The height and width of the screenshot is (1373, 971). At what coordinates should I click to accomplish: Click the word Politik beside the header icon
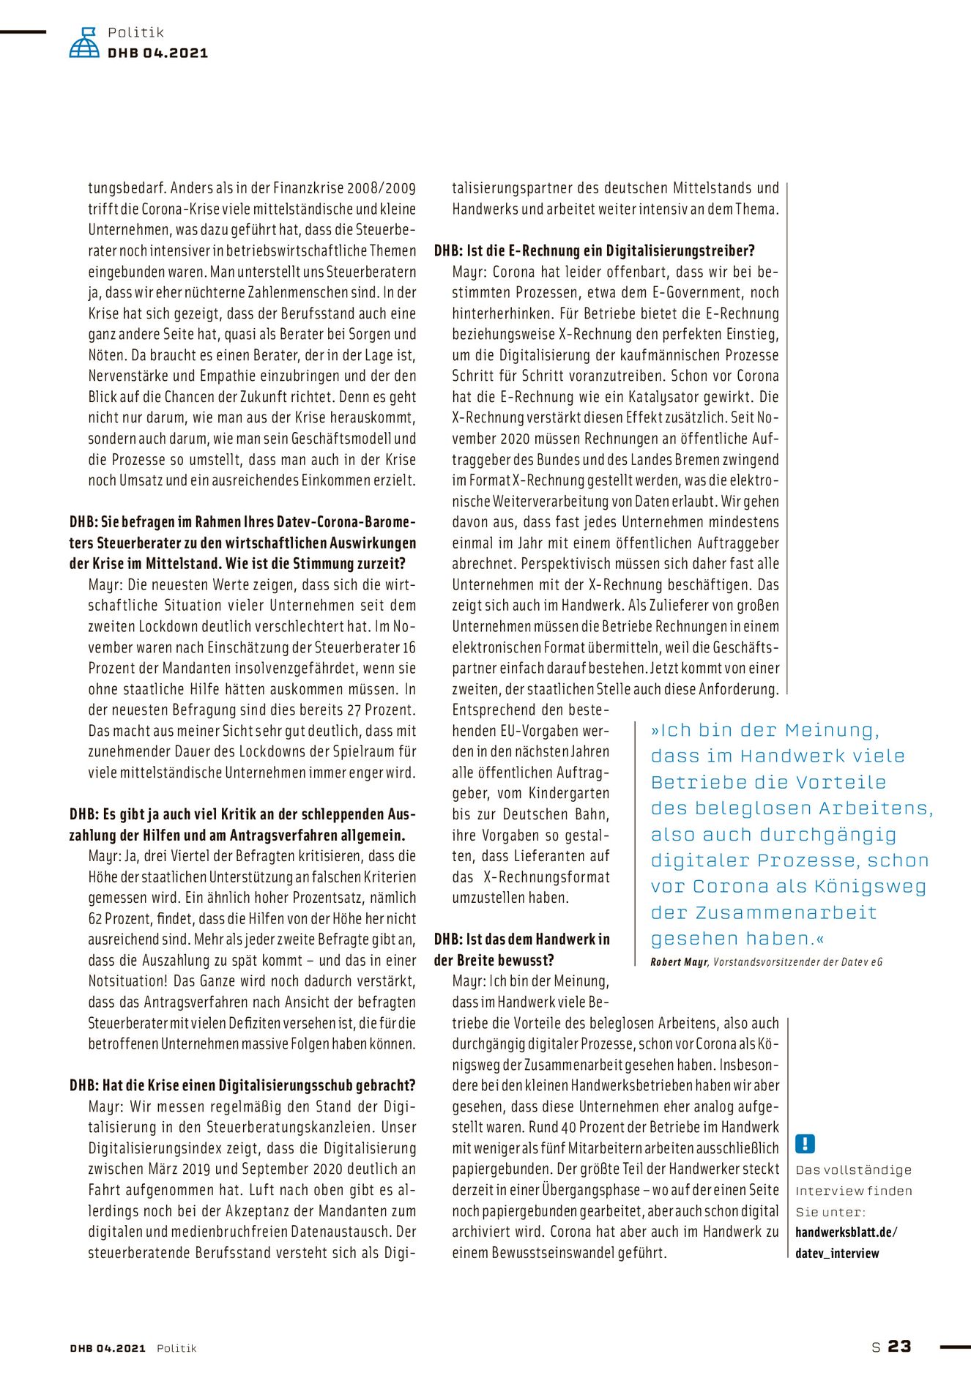point(135,32)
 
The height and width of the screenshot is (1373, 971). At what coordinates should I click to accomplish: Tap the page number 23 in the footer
point(899,1346)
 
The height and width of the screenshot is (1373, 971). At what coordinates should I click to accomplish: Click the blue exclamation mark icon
point(805,1143)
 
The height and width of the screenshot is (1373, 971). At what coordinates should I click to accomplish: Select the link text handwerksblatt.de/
point(846,1232)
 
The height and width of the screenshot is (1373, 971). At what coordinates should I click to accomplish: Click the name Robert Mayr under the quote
point(679,961)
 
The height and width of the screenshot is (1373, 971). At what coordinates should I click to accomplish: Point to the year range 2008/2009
point(381,188)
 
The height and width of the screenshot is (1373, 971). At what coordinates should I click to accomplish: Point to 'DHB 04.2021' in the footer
point(108,1348)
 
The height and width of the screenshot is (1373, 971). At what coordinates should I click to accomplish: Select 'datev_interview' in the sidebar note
point(837,1253)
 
